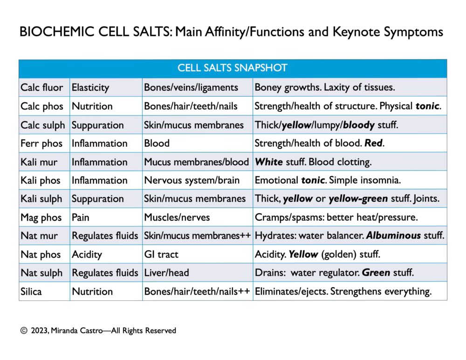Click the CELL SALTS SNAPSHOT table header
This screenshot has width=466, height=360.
[x=232, y=68]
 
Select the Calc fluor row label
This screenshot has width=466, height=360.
[x=42, y=87]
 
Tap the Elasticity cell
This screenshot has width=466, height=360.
[x=90, y=87]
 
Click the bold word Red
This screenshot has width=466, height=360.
[x=374, y=143]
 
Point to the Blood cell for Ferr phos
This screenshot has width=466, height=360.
[x=157, y=143]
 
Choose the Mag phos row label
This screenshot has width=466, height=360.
[x=41, y=217]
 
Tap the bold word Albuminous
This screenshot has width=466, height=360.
[x=393, y=236]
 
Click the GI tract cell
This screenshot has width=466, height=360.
[x=161, y=254]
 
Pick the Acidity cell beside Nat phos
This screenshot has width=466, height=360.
[x=87, y=254]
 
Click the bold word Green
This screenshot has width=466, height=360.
[x=377, y=273]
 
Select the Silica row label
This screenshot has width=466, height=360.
[x=31, y=292]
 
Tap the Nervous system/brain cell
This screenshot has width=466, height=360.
[x=192, y=180]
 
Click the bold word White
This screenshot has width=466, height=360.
[x=269, y=162]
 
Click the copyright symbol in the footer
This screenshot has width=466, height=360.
[x=23, y=331]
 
